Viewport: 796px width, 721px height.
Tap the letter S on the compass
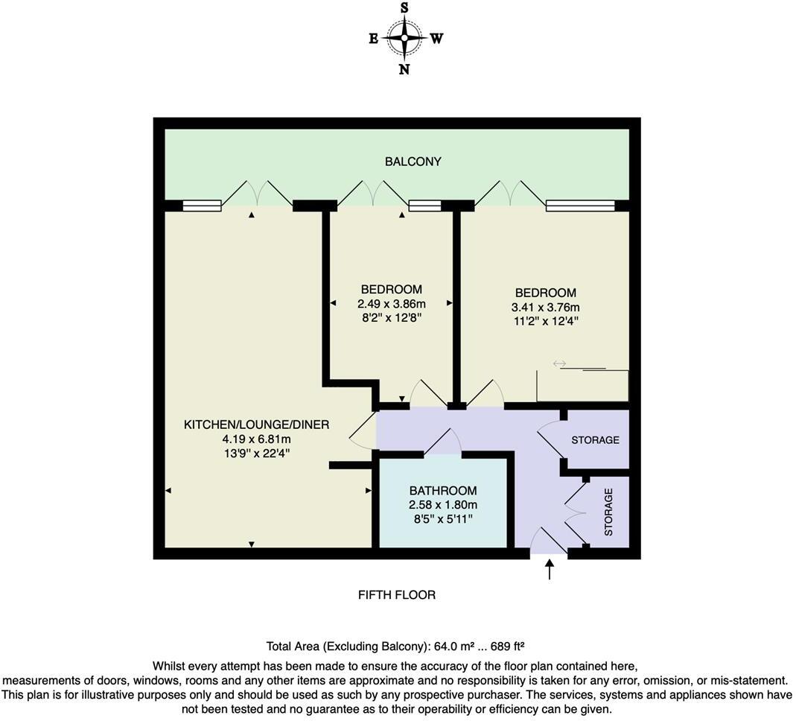point(404,8)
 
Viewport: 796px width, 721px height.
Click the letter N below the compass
point(404,69)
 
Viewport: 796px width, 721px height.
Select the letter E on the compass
point(373,39)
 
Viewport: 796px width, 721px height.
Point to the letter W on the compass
point(436,39)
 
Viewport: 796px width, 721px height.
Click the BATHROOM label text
point(442,491)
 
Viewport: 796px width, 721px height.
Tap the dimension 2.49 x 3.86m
point(392,304)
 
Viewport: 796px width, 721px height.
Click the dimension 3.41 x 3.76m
point(546,308)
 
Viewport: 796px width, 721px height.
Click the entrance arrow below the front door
point(550,570)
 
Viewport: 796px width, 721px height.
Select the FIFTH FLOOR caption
point(397,595)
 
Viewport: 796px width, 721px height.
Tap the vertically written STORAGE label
point(608,512)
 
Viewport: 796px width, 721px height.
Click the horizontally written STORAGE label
point(595,440)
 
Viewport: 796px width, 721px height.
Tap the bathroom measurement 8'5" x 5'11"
point(442,518)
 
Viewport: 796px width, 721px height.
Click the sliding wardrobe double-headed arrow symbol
point(559,363)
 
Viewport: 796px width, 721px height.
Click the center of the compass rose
point(404,38)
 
